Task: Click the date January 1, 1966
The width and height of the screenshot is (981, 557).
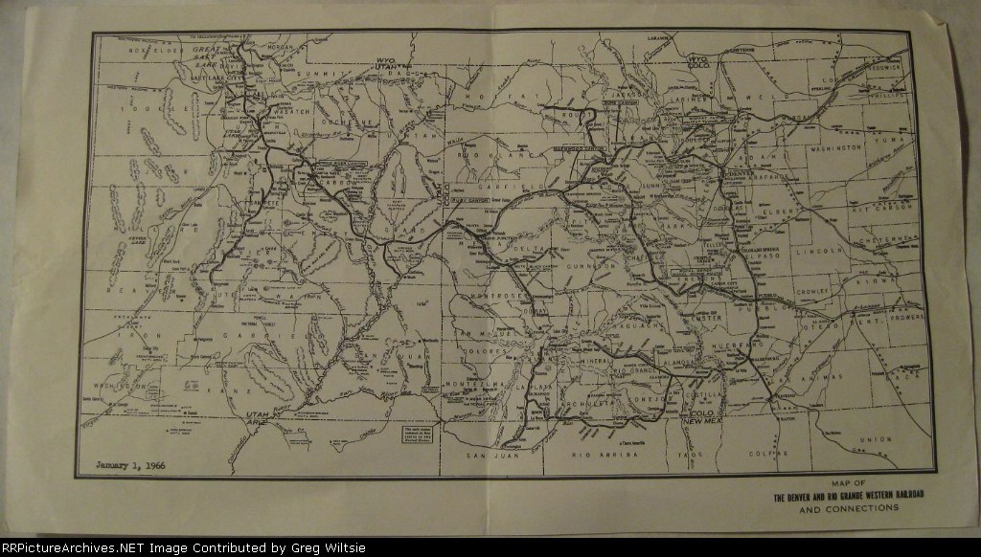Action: pos(132,467)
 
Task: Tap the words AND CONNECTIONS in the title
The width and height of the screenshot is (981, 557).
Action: pos(848,509)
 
